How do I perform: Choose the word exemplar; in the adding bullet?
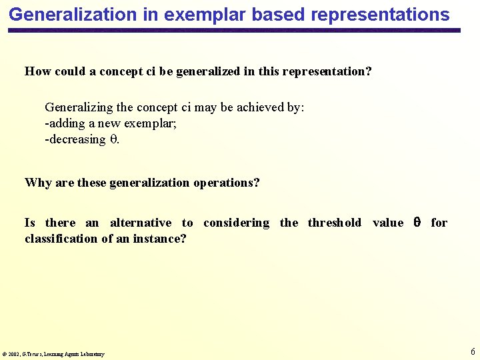(149, 123)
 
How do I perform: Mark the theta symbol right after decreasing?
(113, 139)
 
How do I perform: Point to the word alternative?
(141, 223)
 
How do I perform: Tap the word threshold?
(334, 223)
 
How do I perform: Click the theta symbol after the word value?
(417, 223)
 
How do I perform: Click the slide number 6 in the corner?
(473, 351)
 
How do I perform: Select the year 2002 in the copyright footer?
(15, 354)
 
